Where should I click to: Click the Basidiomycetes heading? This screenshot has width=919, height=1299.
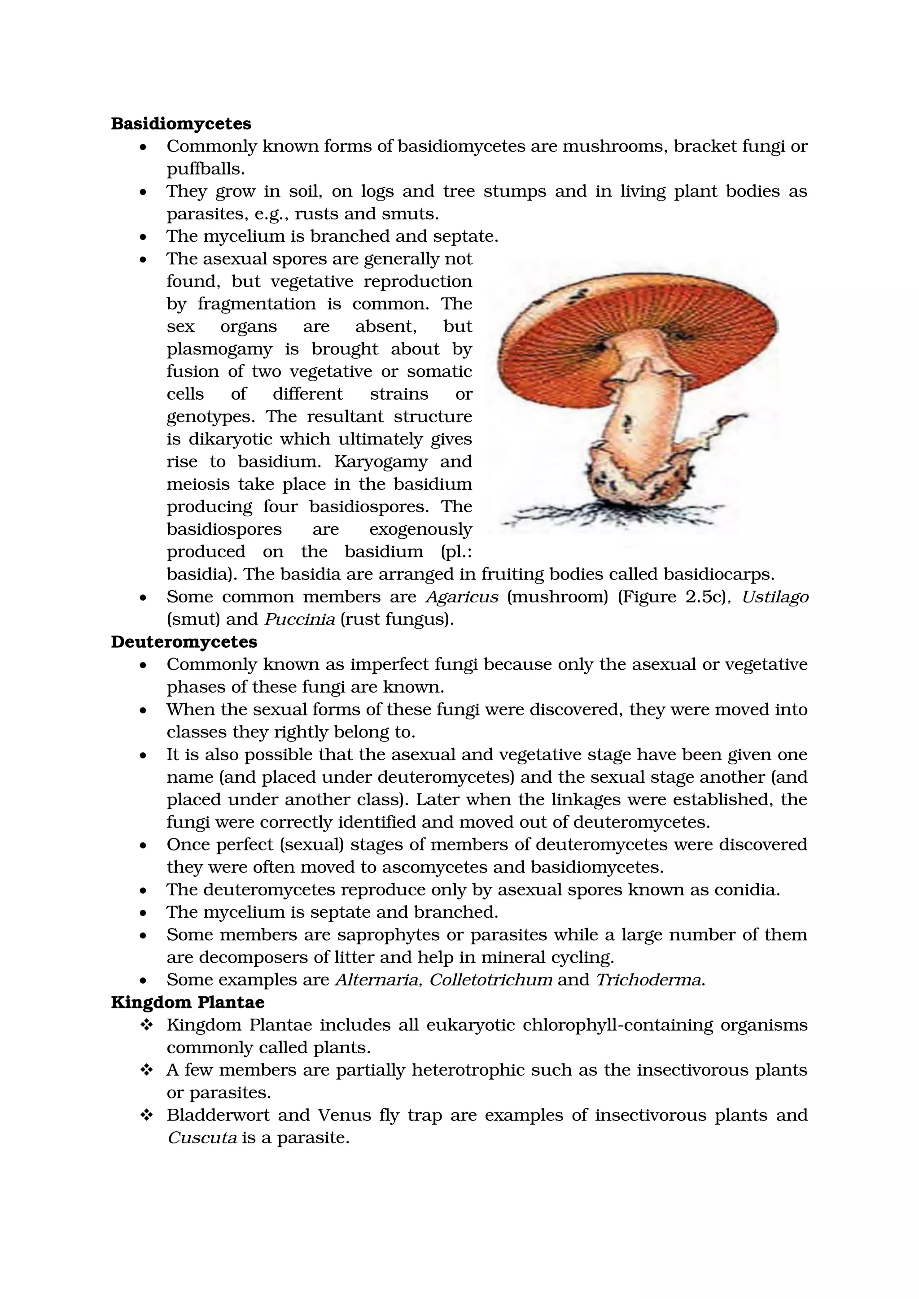[181, 123]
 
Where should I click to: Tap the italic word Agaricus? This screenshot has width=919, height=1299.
[462, 597]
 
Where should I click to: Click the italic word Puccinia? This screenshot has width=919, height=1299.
[300, 619]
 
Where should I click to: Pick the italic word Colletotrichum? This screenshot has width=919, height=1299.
[490, 979]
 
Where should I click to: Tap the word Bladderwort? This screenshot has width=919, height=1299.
[218, 1115]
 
